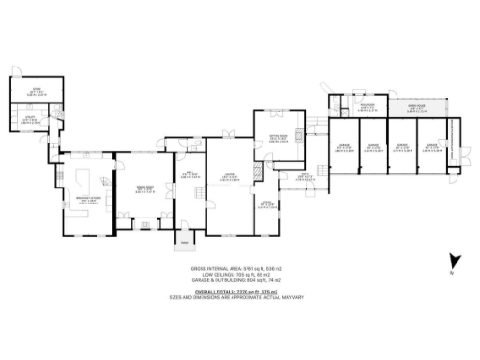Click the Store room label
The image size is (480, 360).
[31, 90]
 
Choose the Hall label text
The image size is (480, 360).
[187, 173]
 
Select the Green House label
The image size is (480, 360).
[412, 108]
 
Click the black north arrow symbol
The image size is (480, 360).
[454, 261]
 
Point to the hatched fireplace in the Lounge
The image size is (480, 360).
[259, 174]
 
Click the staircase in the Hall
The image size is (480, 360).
[198, 192]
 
